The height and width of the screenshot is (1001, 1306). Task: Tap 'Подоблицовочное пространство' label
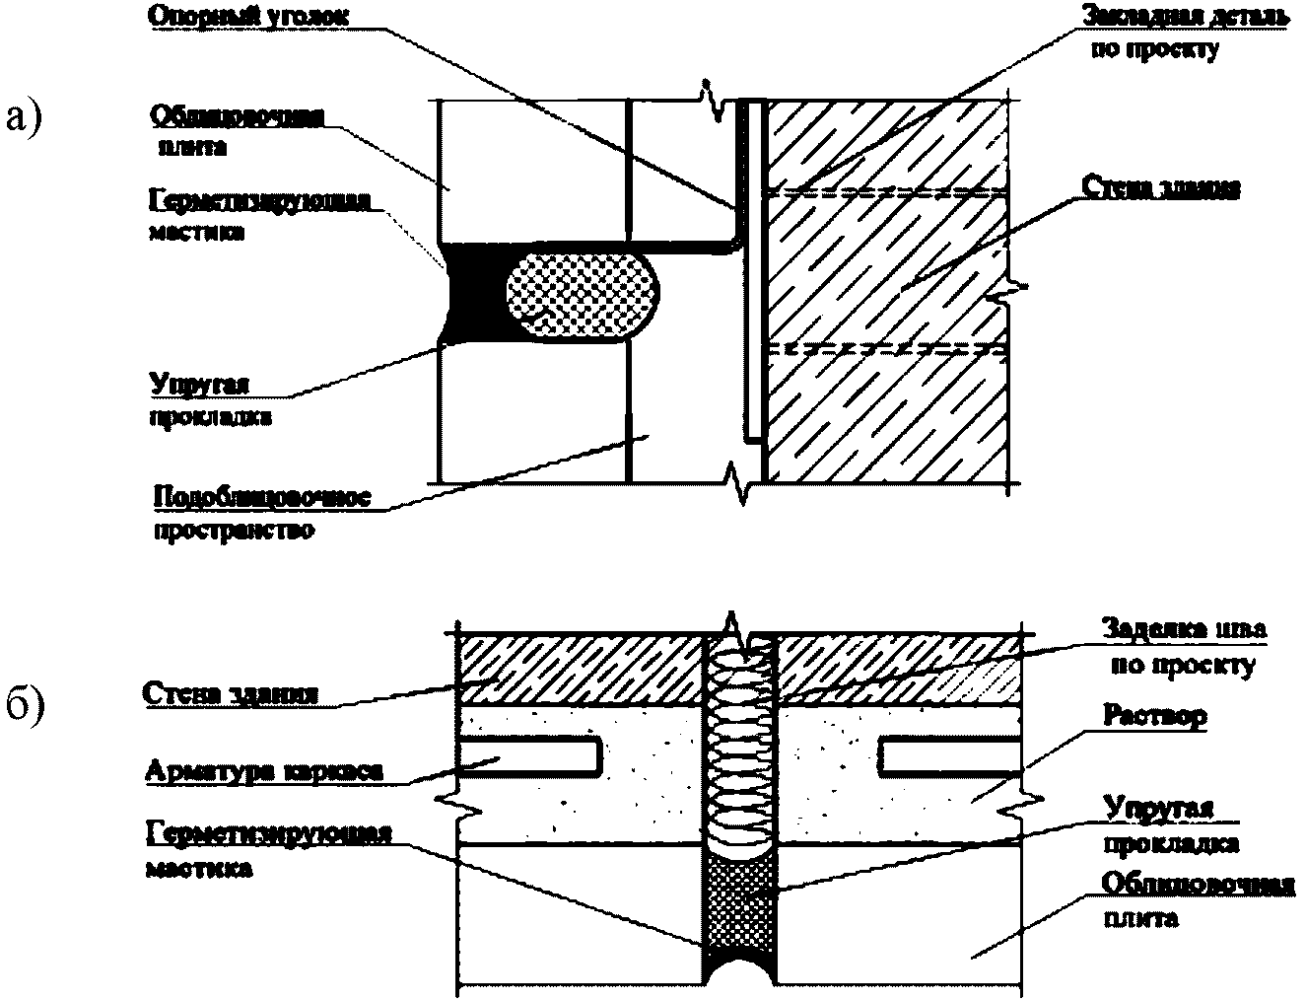(261, 513)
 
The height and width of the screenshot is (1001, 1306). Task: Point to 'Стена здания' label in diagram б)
(230, 692)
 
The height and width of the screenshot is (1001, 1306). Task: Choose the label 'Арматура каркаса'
(263, 770)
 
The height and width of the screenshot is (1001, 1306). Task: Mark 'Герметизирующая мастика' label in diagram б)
(267, 849)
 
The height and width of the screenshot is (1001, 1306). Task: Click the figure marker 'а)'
(25, 115)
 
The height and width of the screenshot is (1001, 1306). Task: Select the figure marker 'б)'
(25, 707)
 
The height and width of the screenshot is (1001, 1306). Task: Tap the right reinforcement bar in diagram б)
(951, 755)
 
